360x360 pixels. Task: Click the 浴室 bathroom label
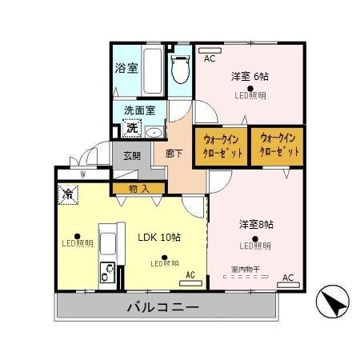pos(126,68)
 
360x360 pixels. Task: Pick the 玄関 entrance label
pos(132,155)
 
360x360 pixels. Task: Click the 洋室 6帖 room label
pos(250,77)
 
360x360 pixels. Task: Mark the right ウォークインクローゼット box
pos(278,144)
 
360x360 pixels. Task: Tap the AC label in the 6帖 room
pos(209,59)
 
